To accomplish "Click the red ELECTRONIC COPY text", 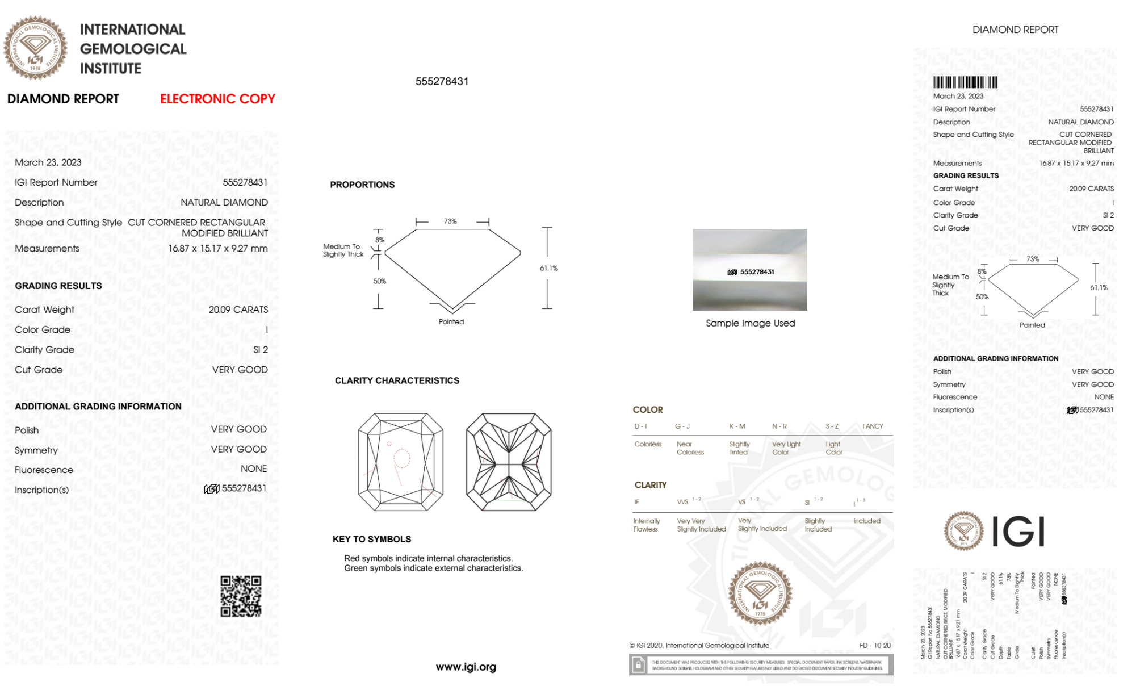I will (x=217, y=99).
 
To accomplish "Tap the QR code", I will (x=241, y=596).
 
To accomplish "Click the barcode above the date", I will (x=965, y=82).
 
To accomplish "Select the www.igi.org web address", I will (x=466, y=667).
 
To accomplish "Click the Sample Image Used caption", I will (x=750, y=323).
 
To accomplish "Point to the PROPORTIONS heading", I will (x=362, y=185).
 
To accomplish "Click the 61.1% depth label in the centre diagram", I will (x=548, y=268).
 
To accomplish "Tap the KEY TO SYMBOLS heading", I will (x=372, y=539).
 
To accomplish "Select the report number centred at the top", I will (x=442, y=81).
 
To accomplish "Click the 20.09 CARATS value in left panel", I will (x=238, y=310).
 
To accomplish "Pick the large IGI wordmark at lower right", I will (x=1018, y=532).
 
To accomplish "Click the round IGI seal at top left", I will (x=35, y=48).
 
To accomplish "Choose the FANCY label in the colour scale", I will (x=873, y=426).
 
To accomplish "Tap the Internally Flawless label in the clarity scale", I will (x=646, y=525).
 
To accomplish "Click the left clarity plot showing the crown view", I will (x=401, y=462).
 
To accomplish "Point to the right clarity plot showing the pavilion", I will (x=509, y=462).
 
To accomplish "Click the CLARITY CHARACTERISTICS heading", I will (x=397, y=380).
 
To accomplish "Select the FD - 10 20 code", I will (x=875, y=645).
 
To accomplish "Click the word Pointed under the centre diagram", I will (x=451, y=321).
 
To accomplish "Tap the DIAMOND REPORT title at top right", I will (x=1015, y=30).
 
